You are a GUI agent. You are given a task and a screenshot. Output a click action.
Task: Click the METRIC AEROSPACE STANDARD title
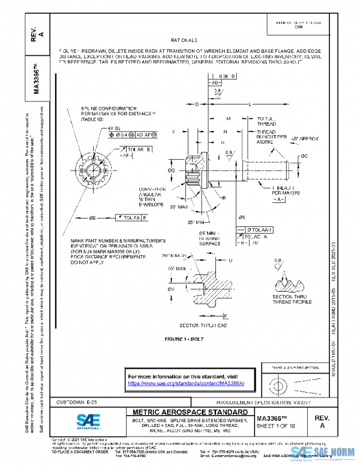pyautogui.click(x=188, y=413)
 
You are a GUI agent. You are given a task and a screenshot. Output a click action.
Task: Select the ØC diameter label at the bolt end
pyautogui.click(x=305, y=156)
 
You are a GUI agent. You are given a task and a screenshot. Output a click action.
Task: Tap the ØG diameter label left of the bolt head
pyautogui.click(x=172, y=170)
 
